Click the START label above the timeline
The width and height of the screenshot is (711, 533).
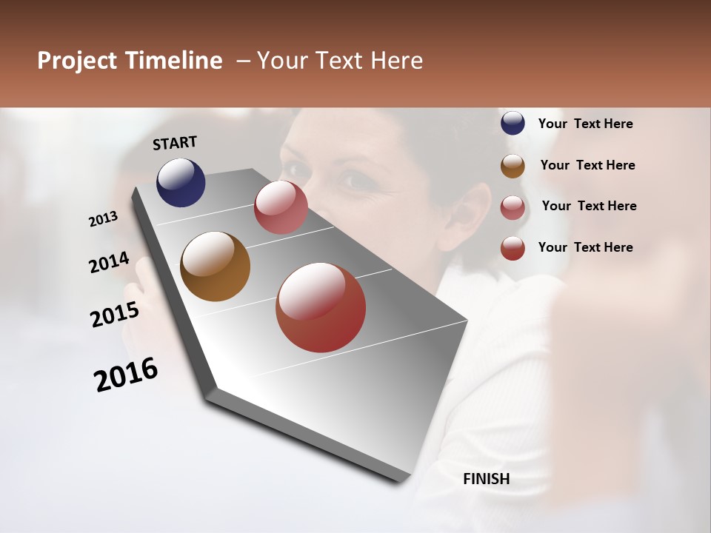175,143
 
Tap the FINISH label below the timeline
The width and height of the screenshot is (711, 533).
487,479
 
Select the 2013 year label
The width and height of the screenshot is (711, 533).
103,219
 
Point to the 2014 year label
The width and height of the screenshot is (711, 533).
109,263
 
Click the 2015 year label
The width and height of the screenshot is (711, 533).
115,315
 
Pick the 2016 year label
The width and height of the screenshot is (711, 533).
126,375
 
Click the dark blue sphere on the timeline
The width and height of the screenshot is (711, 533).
181,182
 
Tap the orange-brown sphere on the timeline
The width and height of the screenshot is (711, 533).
215,266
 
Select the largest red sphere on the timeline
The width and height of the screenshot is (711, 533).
321,307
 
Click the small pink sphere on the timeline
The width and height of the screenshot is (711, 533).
281,207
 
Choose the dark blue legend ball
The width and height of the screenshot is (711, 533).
513,124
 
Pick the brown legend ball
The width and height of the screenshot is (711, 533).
513,166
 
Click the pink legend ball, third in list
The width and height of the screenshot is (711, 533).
513,207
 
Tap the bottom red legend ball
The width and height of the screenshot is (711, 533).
513,248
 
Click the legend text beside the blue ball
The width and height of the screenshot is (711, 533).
586,124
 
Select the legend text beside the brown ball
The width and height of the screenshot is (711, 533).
587,165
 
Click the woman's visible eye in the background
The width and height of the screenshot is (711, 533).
352,178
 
